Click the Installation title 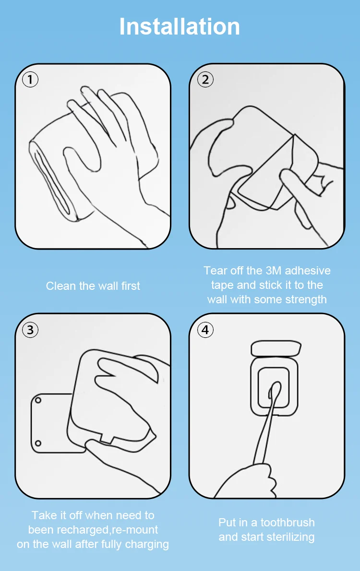(x=180, y=26)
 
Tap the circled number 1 (x=30, y=79)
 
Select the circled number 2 (x=205, y=79)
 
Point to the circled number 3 (x=30, y=330)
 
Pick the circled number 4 (x=205, y=330)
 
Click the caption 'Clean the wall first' (x=93, y=286)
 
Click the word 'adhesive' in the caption (x=308, y=271)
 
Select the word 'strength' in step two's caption (x=306, y=300)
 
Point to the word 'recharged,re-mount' (x=93, y=530)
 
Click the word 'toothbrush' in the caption (x=288, y=523)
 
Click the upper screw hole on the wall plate (x=38, y=401)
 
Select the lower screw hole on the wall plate (x=38, y=443)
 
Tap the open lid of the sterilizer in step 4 (x=276, y=348)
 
